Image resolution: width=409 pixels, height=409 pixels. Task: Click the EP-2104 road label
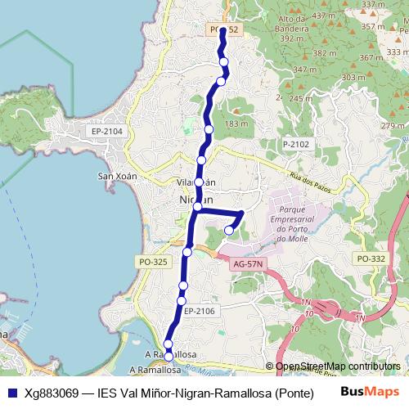pyautogui.click(x=107, y=132)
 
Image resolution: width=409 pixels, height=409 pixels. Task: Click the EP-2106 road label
pyautogui.click(x=199, y=311)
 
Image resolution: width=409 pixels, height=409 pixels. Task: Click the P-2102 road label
pyautogui.click(x=296, y=144)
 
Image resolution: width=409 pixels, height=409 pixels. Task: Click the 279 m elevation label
pyautogui.click(x=393, y=125)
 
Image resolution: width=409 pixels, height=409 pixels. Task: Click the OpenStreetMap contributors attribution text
pyautogui.click(x=338, y=366)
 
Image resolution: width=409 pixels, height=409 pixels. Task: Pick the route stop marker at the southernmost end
pyautogui.click(x=169, y=357)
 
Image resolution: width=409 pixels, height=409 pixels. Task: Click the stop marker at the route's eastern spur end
pyautogui.click(x=229, y=231)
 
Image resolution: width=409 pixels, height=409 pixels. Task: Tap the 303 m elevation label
pyautogui.click(x=353, y=77)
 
